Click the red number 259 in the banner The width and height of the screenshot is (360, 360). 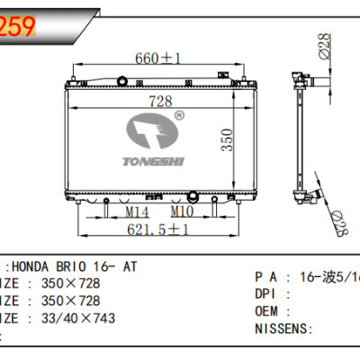(x=19, y=27)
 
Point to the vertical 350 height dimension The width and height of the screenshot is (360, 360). (x=231, y=140)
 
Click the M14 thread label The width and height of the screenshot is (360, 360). (x=136, y=212)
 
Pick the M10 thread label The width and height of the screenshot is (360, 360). (x=184, y=212)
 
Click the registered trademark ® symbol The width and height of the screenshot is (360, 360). (x=179, y=115)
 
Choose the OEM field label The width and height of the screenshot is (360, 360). (x=268, y=310)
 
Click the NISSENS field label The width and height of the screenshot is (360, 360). (x=281, y=328)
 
